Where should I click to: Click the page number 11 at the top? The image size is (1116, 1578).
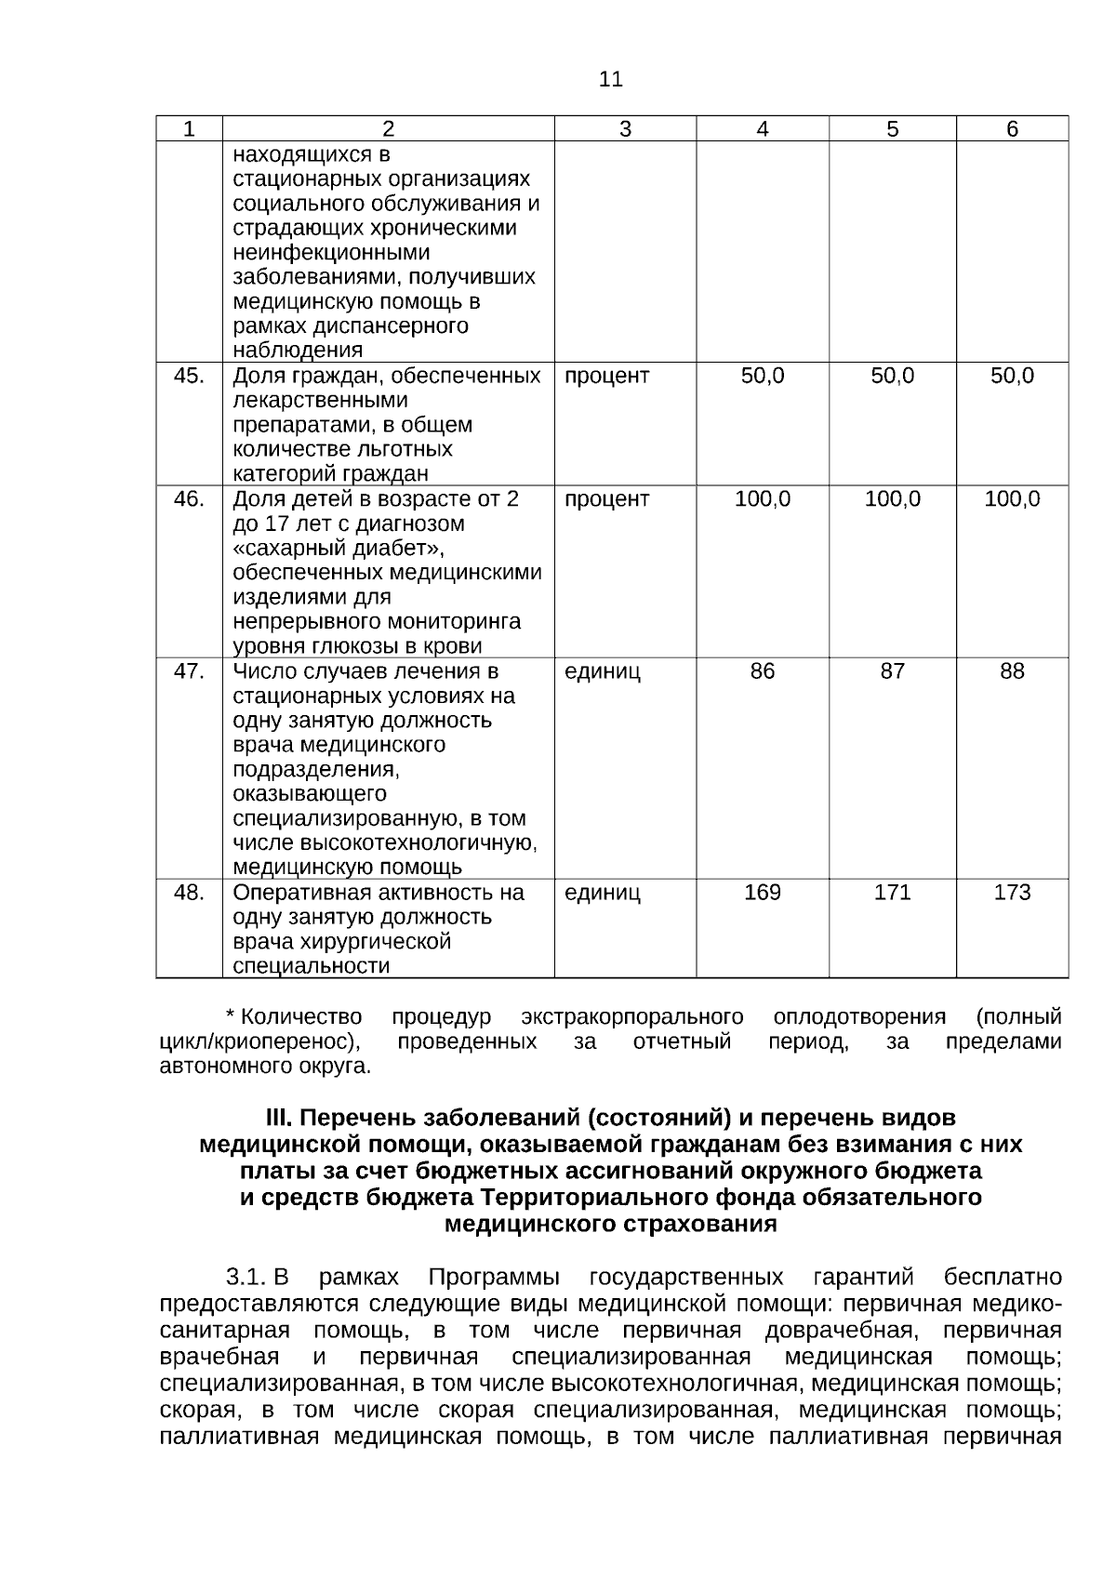coord(610,80)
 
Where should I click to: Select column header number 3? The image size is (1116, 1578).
coord(625,129)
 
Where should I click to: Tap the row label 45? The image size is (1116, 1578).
coord(189,376)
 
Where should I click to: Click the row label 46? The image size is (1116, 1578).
coord(189,499)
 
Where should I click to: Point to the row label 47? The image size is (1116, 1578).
coord(189,671)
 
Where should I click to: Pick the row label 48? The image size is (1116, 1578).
coord(189,893)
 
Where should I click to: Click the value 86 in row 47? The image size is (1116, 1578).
coord(762,671)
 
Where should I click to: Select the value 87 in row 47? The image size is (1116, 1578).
coord(892,671)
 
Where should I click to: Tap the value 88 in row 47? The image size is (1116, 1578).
coord(1012,671)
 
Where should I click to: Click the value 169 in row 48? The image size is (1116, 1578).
coord(762,893)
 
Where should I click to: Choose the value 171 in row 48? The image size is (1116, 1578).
coord(892,893)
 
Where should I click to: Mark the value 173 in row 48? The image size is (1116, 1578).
coord(1012,893)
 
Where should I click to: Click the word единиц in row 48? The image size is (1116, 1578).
coord(602,893)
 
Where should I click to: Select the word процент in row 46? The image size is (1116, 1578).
coord(606,499)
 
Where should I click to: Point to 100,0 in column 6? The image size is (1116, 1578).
coord(1012,499)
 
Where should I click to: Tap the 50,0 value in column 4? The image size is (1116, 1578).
coord(762,376)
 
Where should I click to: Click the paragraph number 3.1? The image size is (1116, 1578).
coord(246,1277)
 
